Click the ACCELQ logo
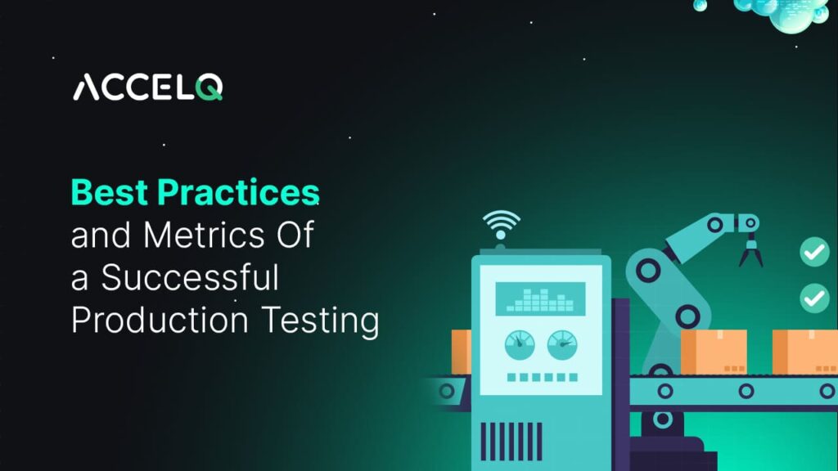(x=147, y=87)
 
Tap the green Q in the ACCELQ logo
(x=209, y=87)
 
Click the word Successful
(x=190, y=278)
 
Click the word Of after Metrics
(x=290, y=235)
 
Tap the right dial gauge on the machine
(x=561, y=343)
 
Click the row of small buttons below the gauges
(x=540, y=378)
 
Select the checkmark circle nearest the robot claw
(x=813, y=253)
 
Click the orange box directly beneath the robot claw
(x=713, y=352)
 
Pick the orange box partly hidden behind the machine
(x=460, y=351)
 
